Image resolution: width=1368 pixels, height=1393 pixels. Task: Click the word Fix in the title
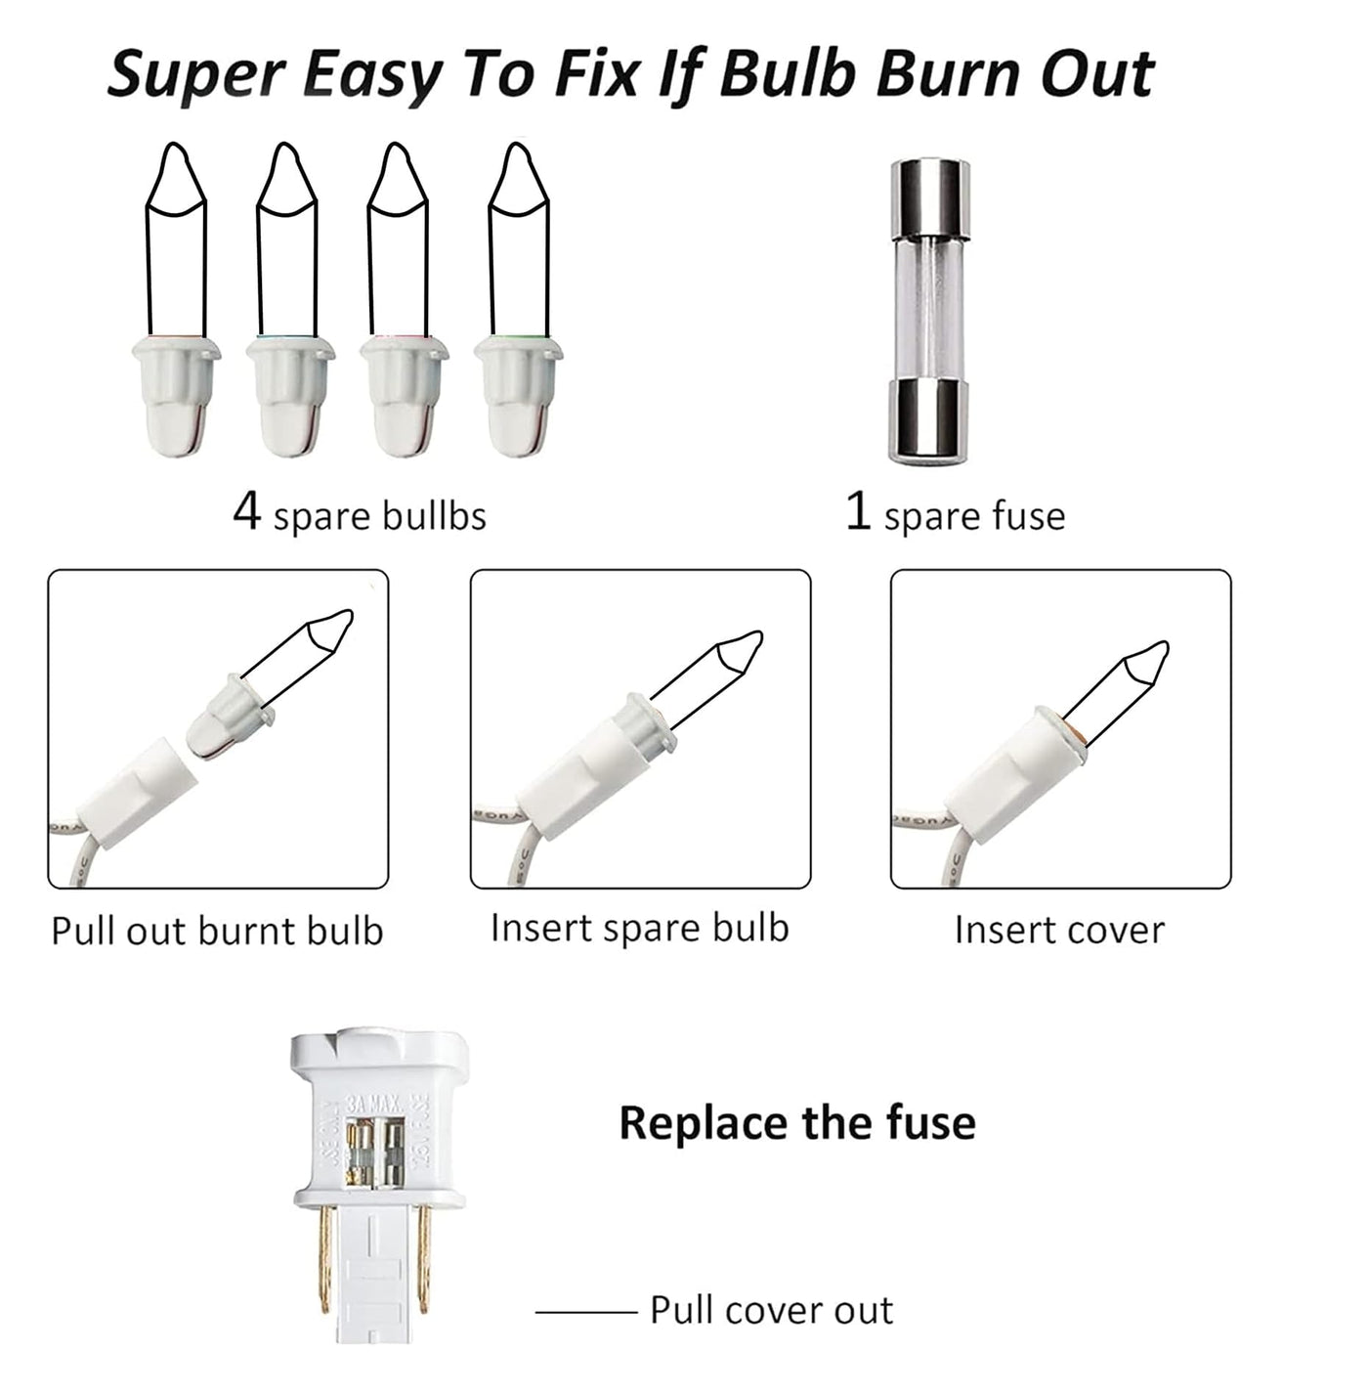click(595, 74)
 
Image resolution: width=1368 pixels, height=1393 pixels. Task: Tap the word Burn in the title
click(950, 74)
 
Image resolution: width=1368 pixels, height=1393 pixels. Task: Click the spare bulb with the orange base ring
click(176, 299)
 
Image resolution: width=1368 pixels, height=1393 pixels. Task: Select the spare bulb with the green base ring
click(518, 299)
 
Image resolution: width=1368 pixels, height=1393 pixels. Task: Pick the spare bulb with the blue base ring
click(290, 299)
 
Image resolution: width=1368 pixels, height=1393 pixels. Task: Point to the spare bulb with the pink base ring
click(404, 299)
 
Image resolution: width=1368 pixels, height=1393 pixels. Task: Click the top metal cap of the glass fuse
click(930, 197)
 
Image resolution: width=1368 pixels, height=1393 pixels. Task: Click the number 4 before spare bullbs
click(246, 511)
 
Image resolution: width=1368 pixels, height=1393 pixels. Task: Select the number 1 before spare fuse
click(858, 511)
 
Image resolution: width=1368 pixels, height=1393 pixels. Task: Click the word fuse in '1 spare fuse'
click(1028, 515)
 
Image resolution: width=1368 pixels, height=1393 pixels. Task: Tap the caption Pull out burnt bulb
click(218, 931)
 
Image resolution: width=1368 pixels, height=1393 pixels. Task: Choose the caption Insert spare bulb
click(640, 928)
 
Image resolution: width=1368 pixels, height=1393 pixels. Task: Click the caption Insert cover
click(1059, 930)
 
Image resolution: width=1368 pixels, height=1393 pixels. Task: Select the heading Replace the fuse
click(797, 1122)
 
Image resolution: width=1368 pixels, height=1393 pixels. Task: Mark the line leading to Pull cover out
click(586, 1312)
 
